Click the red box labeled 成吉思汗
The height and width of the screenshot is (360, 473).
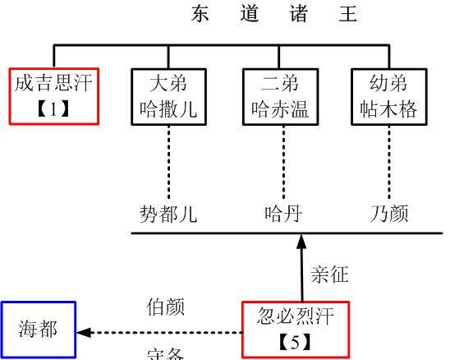click(54, 95)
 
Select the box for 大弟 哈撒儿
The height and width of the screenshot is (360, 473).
click(168, 96)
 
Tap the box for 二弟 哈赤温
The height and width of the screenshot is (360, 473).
click(280, 96)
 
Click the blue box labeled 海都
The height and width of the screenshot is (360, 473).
click(39, 330)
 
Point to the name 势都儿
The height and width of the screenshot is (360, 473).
click(168, 215)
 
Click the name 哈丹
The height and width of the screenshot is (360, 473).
click(283, 215)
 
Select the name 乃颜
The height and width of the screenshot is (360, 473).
click(389, 215)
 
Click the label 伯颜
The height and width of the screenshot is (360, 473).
click(166, 307)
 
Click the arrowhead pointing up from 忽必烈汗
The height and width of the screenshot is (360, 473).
click(301, 242)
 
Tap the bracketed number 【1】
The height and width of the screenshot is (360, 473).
click(54, 108)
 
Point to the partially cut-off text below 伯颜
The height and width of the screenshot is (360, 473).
click(166, 354)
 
